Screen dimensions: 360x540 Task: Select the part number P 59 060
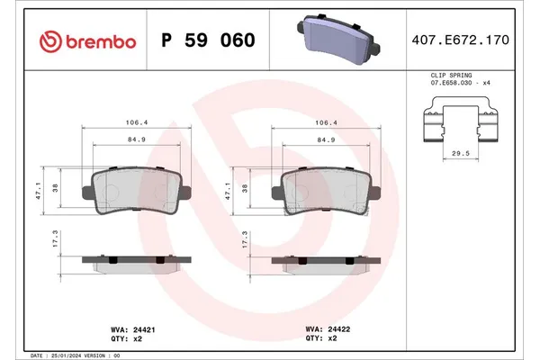click(207, 41)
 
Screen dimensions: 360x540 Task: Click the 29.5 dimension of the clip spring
click(460, 154)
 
